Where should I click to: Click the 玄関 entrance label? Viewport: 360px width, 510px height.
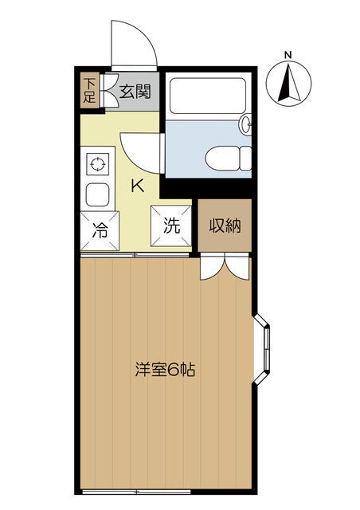(135, 92)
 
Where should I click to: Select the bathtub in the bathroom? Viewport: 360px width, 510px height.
(208, 96)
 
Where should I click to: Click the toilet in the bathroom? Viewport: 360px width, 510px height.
(229, 159)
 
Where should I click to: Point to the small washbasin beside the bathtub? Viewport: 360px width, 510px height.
(245, 124)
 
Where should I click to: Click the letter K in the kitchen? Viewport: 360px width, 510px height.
(138, 186)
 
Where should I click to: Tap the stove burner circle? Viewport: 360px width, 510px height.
(97, 164)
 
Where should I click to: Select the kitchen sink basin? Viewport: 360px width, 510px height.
(97, 194)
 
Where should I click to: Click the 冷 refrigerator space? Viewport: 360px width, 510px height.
(100, 230)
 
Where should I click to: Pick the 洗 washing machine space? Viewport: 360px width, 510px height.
(171, 225)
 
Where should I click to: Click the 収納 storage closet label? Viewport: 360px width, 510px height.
(225, 225)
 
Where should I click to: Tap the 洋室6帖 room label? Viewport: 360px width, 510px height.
(166, 369)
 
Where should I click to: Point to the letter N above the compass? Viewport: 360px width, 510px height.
(288, 55)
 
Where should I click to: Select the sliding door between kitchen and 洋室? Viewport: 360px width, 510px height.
(135, 254)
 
